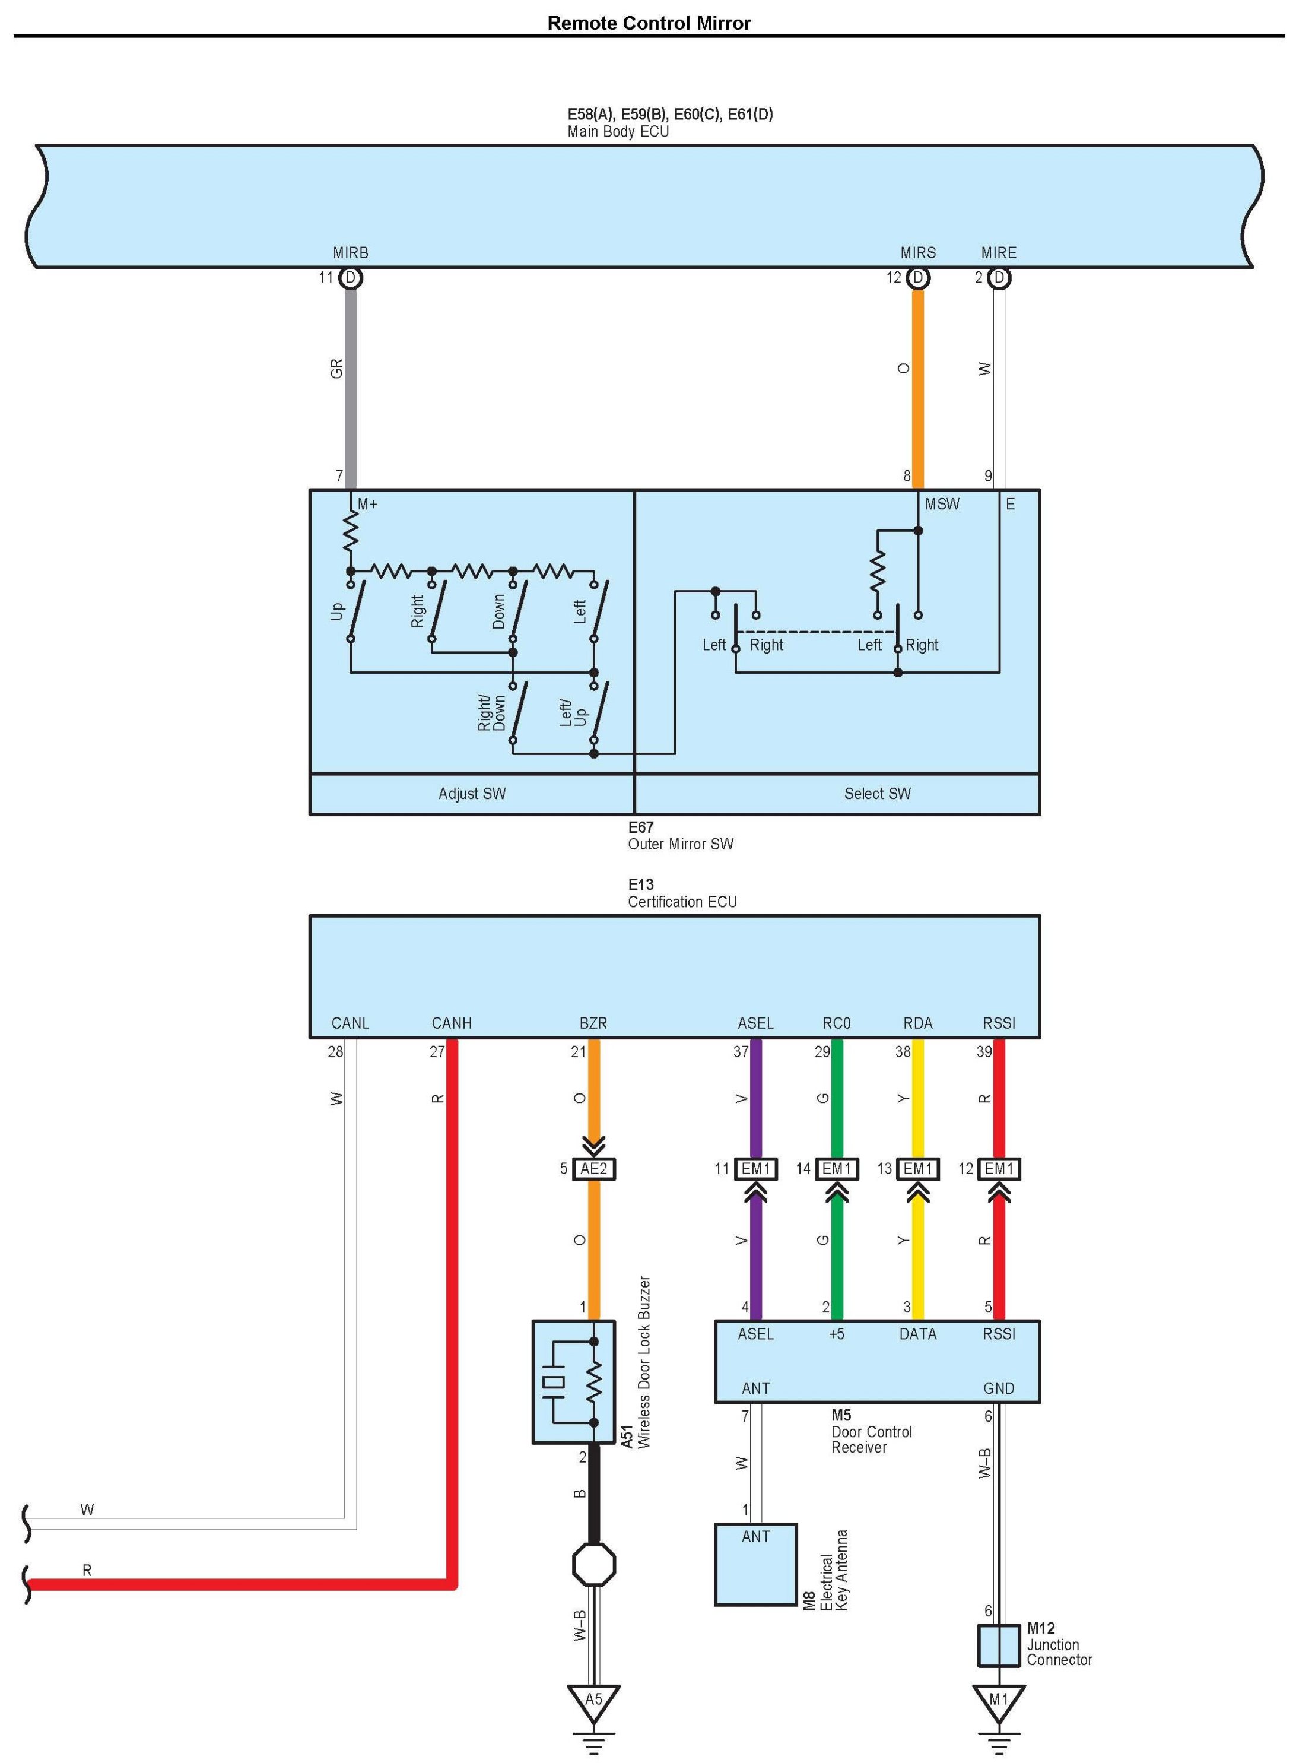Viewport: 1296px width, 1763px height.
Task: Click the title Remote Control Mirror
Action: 648,23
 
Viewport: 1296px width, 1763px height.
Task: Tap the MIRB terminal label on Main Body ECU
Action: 350,253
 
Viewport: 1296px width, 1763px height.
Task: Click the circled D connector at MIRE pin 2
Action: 999,278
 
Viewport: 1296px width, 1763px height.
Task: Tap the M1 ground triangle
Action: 998,1700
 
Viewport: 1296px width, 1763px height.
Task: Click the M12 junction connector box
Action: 998,1645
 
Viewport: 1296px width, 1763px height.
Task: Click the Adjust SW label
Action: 472,793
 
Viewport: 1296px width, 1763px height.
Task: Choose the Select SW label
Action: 877,793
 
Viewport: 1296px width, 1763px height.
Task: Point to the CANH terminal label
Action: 451,1023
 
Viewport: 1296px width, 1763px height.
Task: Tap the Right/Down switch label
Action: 492,712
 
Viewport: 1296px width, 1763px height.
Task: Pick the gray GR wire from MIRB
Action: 351,385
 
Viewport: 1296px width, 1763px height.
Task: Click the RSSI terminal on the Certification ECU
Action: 999,1023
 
